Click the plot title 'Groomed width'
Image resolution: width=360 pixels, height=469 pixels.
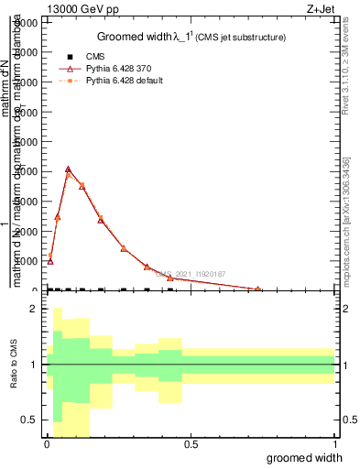(134, 37)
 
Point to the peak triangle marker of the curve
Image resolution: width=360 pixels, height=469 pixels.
(69, 169)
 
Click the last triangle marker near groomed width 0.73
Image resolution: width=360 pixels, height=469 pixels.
(258, 289)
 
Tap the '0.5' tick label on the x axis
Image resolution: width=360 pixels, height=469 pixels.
(191, 445)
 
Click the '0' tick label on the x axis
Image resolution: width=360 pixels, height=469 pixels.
(46, 445)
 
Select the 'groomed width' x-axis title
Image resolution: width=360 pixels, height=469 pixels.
(305, 458)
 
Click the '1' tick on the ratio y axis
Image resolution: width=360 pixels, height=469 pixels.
(35, 365)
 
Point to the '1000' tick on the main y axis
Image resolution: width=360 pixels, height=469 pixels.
(26, 261)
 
